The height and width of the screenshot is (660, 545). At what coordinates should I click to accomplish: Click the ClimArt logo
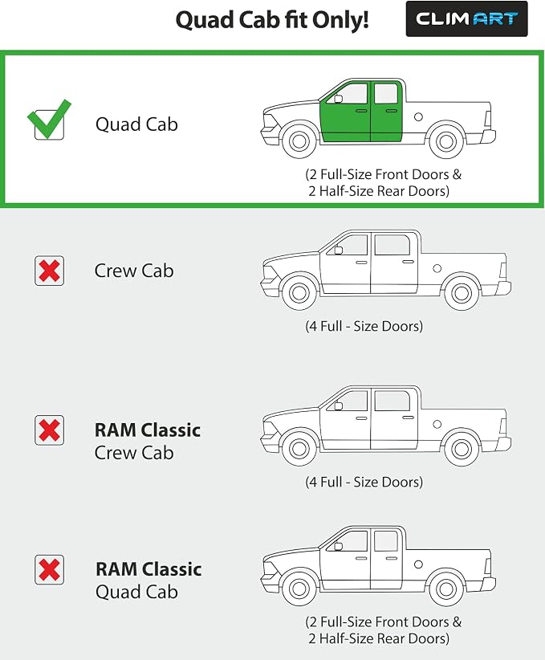466,19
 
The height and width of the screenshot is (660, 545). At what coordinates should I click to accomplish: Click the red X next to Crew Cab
49,271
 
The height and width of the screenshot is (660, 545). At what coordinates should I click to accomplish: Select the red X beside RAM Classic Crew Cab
49,430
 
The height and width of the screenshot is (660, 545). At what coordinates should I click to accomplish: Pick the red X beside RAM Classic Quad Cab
49,569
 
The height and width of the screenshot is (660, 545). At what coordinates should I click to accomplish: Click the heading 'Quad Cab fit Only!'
272,20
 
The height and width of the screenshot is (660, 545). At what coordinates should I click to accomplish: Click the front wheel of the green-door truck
299,141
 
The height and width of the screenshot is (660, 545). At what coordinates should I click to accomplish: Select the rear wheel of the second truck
462,293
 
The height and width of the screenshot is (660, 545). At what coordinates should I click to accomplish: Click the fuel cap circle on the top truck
418,117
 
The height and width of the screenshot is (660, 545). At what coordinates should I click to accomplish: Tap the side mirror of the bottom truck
338,546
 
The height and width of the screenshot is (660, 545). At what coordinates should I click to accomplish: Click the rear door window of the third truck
392,401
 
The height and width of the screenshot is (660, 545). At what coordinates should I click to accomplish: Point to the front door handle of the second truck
361,263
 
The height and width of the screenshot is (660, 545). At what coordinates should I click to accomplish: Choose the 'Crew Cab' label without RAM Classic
134,271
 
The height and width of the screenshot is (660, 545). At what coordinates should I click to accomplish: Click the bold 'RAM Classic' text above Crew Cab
148,430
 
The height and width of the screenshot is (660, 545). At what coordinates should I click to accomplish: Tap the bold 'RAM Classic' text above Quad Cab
148,569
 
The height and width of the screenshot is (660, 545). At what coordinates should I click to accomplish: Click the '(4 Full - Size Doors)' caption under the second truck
364,326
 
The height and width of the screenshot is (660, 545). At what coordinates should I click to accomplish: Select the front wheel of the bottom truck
299,589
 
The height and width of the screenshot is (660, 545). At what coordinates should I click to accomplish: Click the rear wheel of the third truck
462,449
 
